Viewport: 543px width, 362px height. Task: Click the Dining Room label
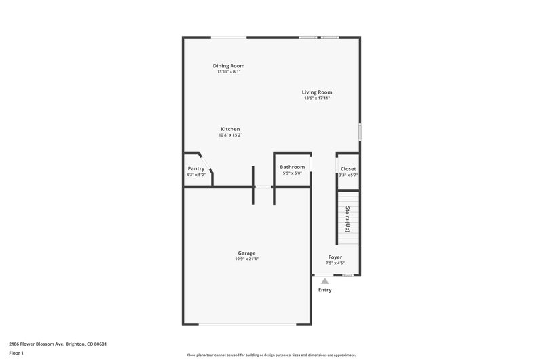click(229, 66)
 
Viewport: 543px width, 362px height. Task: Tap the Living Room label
click(317, 92)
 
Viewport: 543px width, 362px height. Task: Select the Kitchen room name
click(230, 129)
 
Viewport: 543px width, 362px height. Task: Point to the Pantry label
click(196, 168)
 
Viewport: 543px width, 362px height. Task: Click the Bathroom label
click(293, 167)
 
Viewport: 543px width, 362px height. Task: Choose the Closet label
click(348, 168)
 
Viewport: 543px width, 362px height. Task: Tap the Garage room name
click(246, 253)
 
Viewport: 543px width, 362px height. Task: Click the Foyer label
click(335, 257)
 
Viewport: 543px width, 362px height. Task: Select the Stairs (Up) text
click(348, 218)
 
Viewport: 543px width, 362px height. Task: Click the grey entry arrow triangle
click(325, 280)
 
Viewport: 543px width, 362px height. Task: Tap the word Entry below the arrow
click(325, 290)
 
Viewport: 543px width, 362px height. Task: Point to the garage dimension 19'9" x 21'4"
click(246, 259)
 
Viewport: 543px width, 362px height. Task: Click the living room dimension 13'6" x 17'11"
click(317, 98)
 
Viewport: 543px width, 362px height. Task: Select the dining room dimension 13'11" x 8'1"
click(229, 71)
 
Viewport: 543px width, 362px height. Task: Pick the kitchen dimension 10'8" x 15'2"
click(230, 135)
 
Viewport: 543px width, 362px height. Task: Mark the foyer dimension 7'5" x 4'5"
click(335, 264)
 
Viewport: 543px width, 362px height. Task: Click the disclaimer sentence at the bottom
click(271, 355)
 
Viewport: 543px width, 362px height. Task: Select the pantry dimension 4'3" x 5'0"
click(196, 175)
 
